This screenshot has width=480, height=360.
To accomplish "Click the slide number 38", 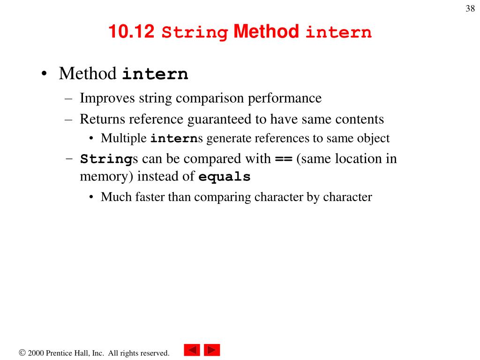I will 470,9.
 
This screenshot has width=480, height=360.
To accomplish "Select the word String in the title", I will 195,33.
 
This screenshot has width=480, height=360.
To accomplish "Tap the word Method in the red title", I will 266,32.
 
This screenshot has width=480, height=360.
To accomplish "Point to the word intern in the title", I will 338,33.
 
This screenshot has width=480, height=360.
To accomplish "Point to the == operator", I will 283,159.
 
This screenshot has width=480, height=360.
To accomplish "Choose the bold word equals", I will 225,177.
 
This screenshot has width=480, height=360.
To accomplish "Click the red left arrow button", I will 192,351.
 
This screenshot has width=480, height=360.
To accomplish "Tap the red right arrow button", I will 212,351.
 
